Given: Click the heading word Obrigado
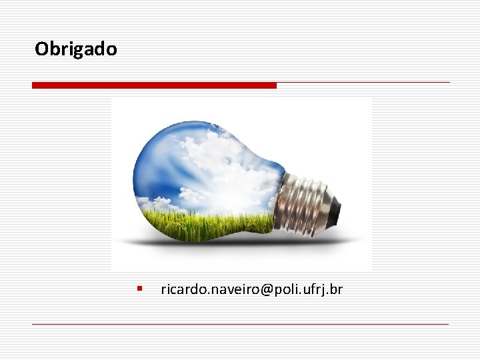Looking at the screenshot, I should coord(75,49).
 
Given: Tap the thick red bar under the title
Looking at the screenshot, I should coord(154,85).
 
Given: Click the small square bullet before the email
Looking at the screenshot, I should coord(139,289).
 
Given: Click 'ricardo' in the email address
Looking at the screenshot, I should coord(179,289).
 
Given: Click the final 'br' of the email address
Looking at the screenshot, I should coord(336,289).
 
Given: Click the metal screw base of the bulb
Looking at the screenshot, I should coord(307,201).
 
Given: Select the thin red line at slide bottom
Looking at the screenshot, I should coord(240,324).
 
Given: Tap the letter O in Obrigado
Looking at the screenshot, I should coord(41,49).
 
